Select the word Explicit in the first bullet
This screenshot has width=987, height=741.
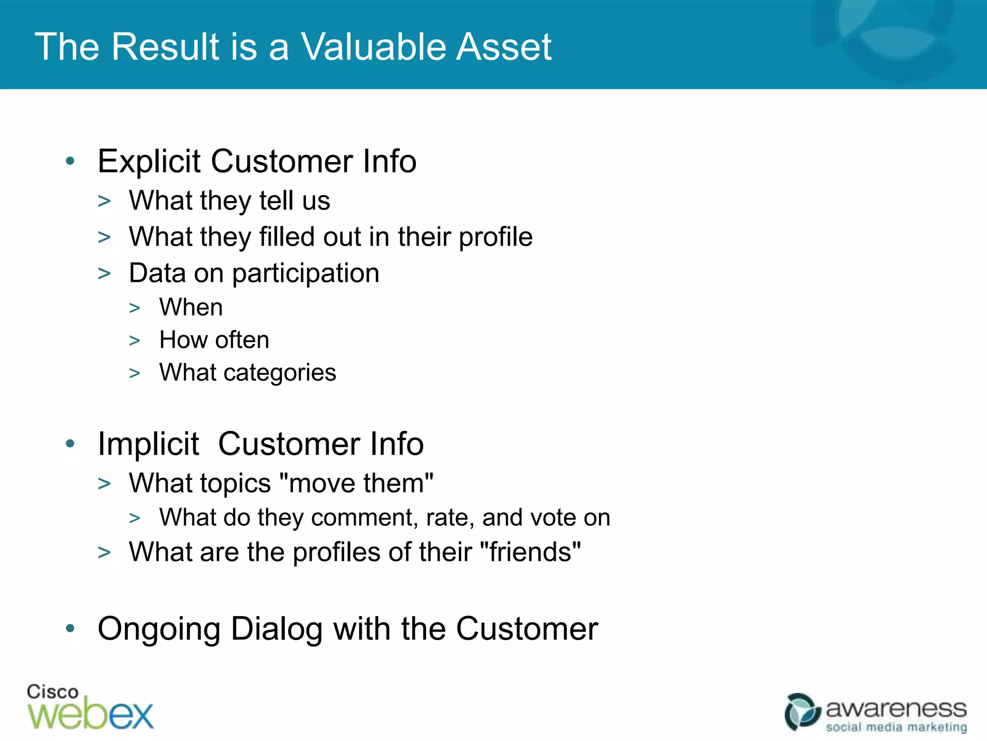tap(148, 162)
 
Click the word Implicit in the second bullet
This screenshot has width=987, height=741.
tap(148, 444)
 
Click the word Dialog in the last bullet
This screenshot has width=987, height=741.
tap(277, 629)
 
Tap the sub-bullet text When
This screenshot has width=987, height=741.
tap(191, 307)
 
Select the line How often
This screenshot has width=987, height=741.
tap(214, 340)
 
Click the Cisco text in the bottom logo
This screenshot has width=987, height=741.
tap(52, 692)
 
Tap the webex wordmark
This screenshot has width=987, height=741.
tap(91, 714)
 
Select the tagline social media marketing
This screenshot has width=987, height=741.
tap(896, 727)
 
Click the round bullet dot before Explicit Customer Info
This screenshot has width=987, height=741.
tap(70, 161)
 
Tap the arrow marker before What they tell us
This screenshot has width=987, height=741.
tap(104, 201)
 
